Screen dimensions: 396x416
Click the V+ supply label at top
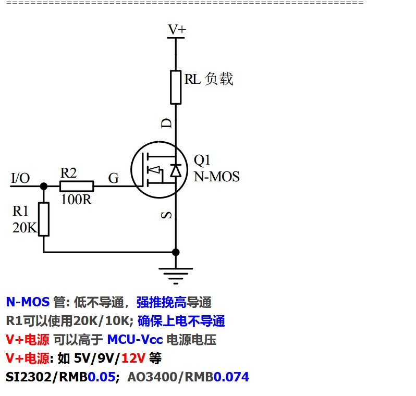point(176,30)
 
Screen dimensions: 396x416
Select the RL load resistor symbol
point(176,88)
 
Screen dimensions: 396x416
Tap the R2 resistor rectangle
point(77,186)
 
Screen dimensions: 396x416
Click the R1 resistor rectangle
point(44,219)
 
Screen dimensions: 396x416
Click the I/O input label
point(20,178)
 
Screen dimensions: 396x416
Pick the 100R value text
point(76,200)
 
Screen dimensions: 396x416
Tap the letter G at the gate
point(113,179)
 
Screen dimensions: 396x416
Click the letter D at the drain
point(166,123)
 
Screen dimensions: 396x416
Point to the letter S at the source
point(166,214)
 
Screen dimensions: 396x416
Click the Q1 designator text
point(202,160)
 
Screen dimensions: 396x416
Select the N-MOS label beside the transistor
point(216,177)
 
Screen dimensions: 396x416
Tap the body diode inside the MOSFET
point(176,170)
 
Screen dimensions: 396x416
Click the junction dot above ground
point(176,252)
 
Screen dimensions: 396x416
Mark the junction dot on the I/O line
point(44,186)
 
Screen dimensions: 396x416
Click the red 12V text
point(133,358)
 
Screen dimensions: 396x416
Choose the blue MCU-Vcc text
point(134,340)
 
